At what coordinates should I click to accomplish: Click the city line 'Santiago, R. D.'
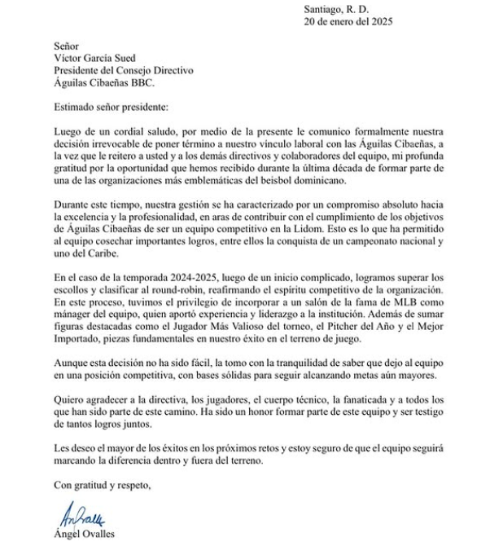pos(337,8)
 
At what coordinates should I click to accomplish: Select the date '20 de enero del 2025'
pos(348,22)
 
